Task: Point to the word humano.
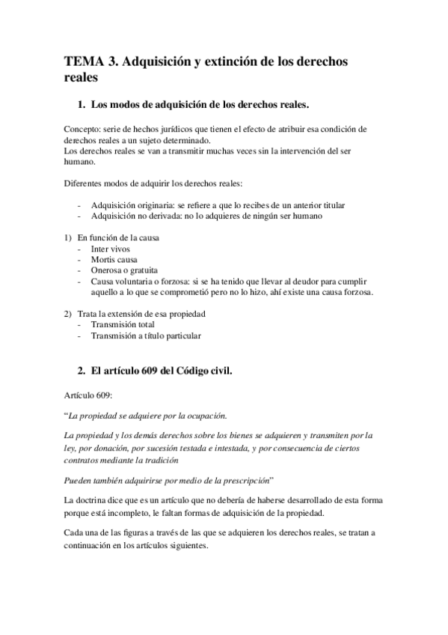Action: [79, 161]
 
